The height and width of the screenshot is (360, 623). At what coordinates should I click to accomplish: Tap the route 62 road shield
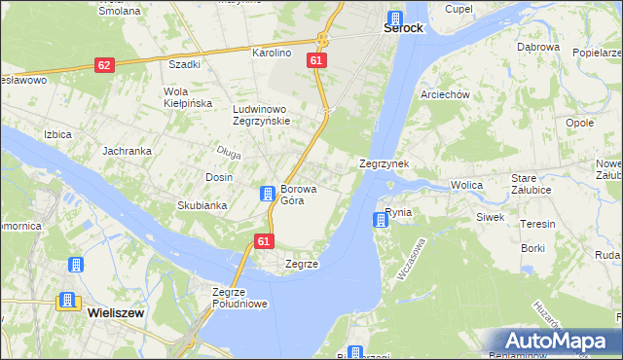[x=105, y=64]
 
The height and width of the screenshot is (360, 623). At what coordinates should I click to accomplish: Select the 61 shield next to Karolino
[x=315, y=60]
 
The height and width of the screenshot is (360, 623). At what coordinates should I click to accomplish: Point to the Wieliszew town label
[x=118, y=313]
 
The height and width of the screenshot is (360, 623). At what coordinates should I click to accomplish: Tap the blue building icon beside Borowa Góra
[x=267, y=195]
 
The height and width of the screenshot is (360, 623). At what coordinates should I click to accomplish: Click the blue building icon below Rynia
[x=381, y=221]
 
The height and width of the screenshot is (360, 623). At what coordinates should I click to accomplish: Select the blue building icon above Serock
[x=394, y=18]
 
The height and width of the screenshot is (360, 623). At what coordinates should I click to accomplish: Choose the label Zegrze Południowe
[x=239, y=297]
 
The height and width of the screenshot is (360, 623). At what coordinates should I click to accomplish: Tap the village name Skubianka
[x=202, y=205]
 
